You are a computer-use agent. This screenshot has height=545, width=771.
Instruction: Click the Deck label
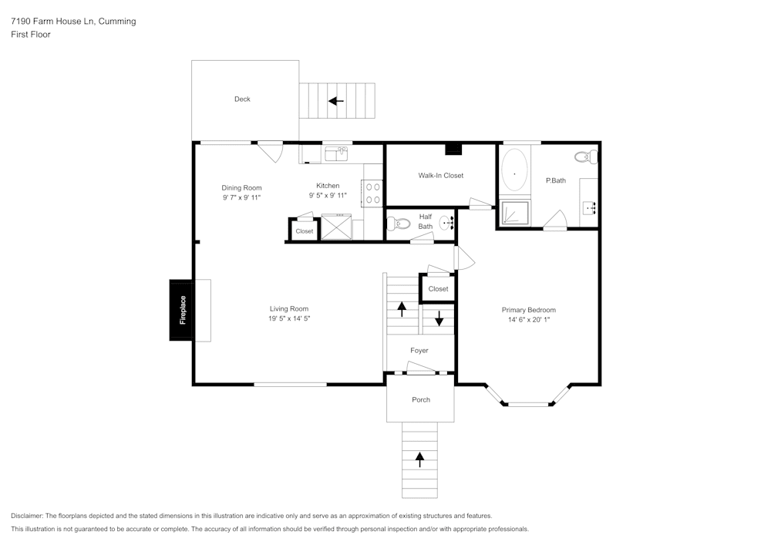point(242,99)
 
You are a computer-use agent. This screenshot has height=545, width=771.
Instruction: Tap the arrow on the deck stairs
point(336,101)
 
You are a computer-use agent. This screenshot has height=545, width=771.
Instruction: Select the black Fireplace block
point(183,310)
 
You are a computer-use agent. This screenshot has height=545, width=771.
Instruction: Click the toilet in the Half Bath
point(399,224)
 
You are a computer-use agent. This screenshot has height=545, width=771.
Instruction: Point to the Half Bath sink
point(446,223)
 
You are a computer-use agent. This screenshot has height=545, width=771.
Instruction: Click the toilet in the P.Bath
point(587,157)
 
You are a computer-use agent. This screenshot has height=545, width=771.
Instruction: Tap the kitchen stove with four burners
point(372,193)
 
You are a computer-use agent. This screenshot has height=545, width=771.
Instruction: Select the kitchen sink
point(336,154)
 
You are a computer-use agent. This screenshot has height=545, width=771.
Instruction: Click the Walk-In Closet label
point(440,176)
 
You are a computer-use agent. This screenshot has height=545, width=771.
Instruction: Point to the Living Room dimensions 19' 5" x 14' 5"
point(289,318)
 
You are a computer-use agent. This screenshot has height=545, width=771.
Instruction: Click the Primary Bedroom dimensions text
point(529,319)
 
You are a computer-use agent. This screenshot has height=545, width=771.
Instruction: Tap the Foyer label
point(419,351)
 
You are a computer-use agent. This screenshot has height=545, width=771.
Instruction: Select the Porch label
point(421,399)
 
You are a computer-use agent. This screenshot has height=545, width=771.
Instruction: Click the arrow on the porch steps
point(419,459)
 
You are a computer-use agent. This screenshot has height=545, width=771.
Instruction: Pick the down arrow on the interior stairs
point(439,318)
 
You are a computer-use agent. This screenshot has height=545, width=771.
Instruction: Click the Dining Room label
point(241,188)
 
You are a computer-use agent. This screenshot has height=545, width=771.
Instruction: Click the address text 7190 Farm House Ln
point(53,21)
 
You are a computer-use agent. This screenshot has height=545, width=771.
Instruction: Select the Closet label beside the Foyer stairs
point(438,289)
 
